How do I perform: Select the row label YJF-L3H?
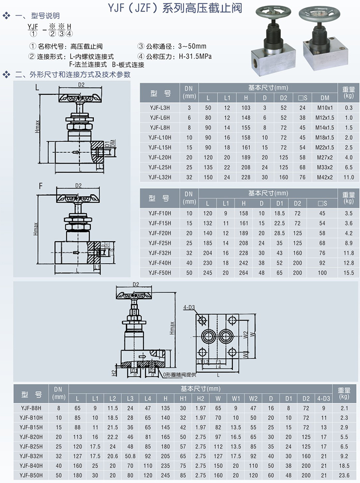click(x=159, y=107)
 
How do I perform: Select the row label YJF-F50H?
click(x=159, y=273)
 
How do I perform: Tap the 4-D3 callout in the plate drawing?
click(x=189, y=307)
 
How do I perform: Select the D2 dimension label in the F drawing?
click(x=78, y=186)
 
